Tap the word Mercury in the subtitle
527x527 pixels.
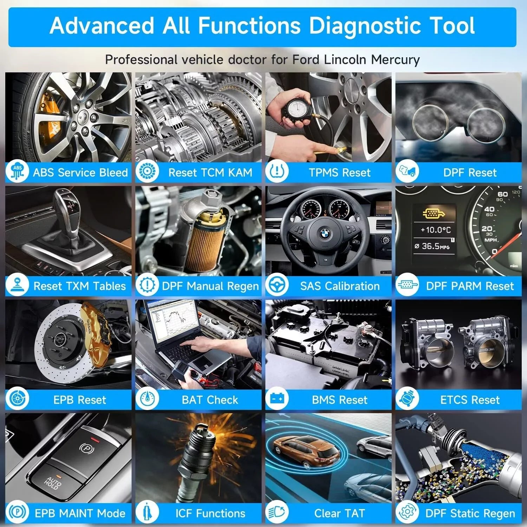395,60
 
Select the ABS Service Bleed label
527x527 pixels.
80,173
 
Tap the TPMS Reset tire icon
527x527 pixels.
277,171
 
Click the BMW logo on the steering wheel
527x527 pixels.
325,233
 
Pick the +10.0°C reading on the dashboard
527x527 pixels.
436,230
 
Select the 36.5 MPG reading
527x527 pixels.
432,246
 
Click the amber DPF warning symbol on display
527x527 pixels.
433,213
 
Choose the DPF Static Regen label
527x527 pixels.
470,514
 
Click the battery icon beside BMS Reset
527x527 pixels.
277,399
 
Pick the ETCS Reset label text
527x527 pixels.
470,400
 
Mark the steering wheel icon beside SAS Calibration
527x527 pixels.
277,285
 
